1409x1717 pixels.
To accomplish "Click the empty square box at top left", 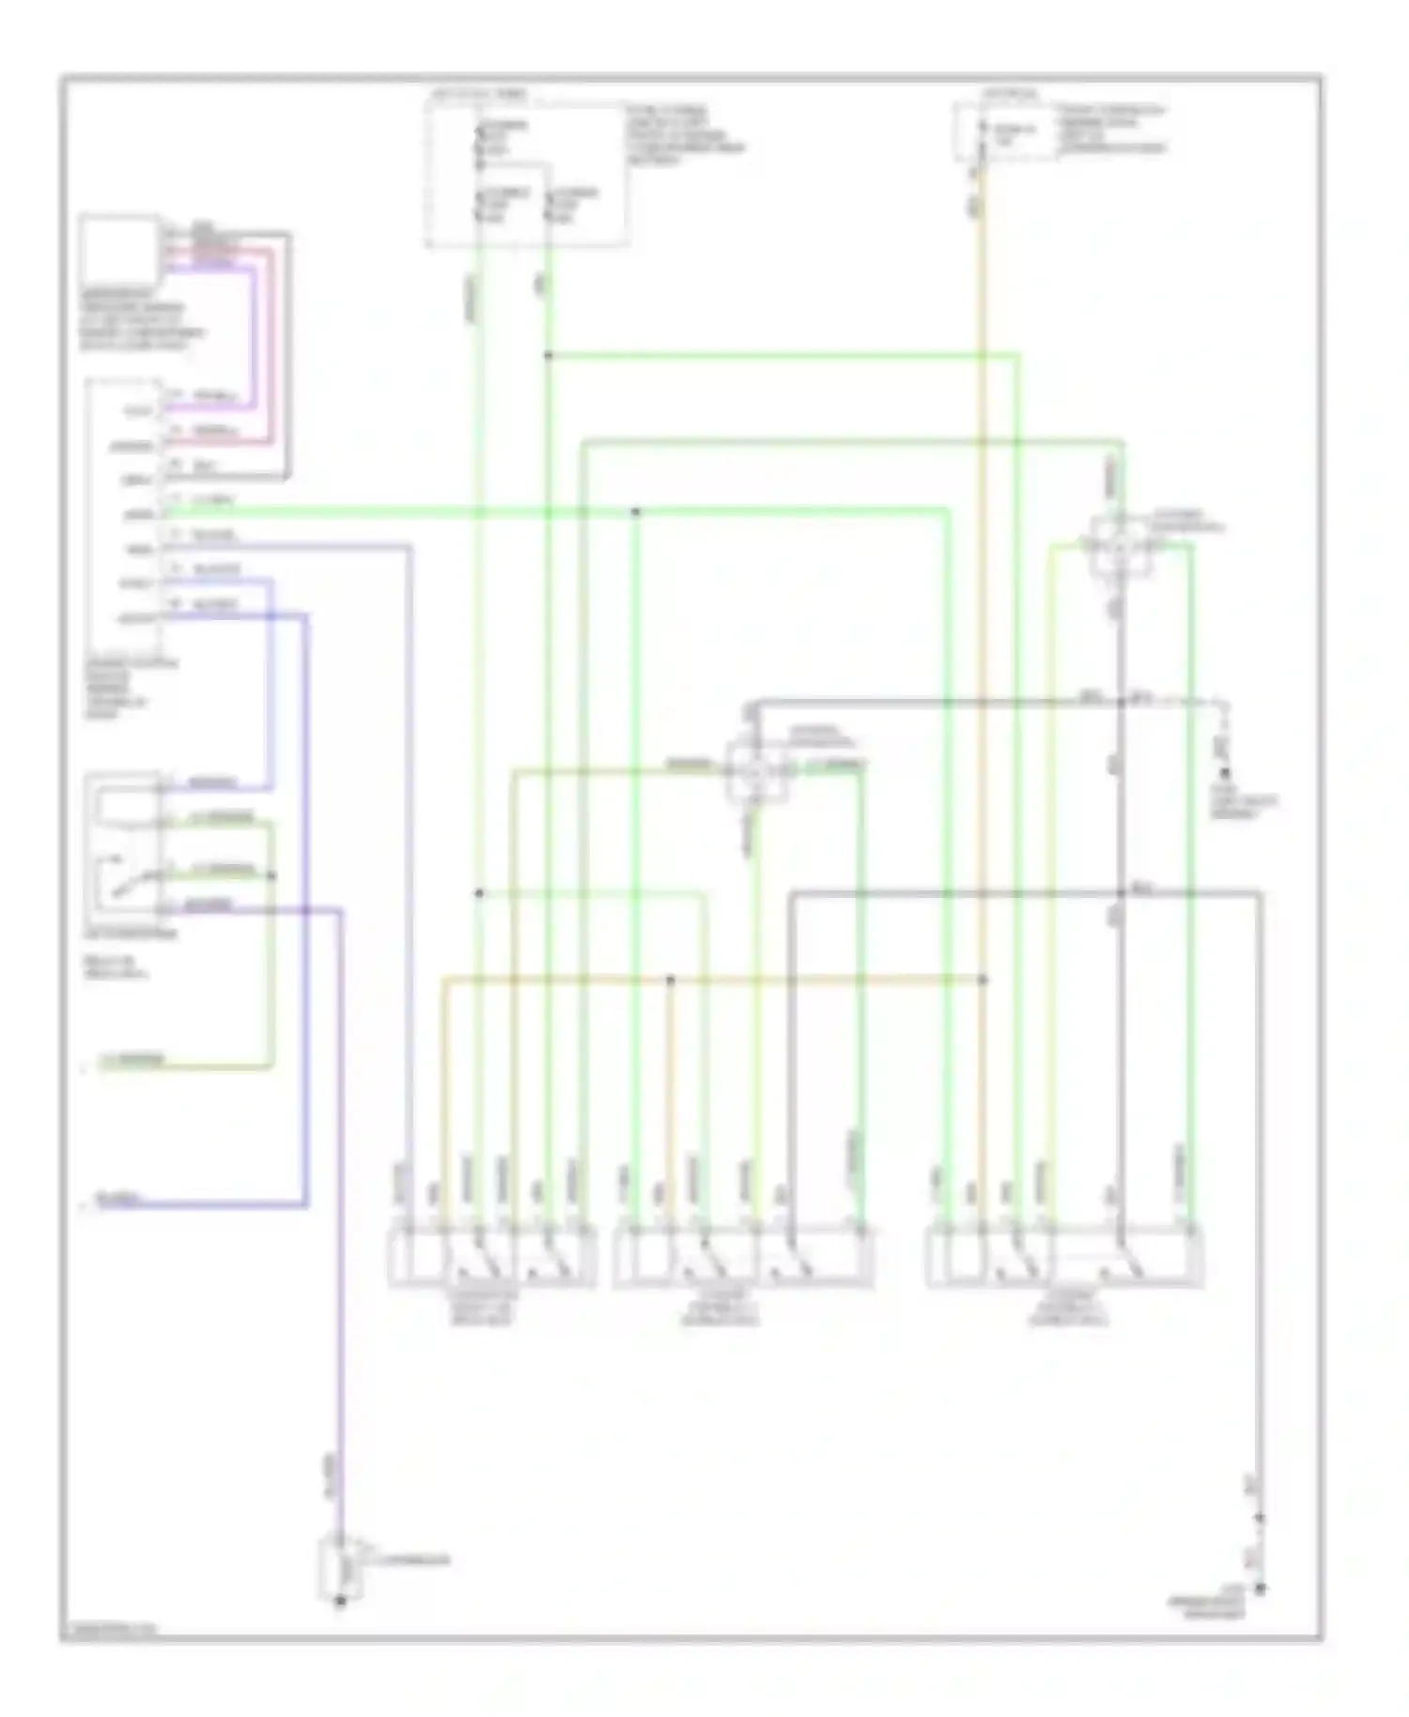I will pos(118,249).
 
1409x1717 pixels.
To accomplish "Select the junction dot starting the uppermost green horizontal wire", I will pos(548,355).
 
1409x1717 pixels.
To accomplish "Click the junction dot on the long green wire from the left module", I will pos(636,512).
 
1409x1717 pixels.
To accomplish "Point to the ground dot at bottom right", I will pos(1261,1588).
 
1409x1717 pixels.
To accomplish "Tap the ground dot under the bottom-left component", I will pos(340,1602).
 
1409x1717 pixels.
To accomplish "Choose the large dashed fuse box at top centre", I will pos(526,174).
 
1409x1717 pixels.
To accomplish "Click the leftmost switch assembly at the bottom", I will pos(492,1257).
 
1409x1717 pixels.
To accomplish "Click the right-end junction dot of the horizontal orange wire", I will pos(983,980).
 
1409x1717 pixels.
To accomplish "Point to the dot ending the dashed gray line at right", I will pos(1224,772).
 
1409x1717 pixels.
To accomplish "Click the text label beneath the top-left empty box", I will pos(141,319).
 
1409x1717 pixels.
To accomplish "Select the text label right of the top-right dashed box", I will pos(1112,129).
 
